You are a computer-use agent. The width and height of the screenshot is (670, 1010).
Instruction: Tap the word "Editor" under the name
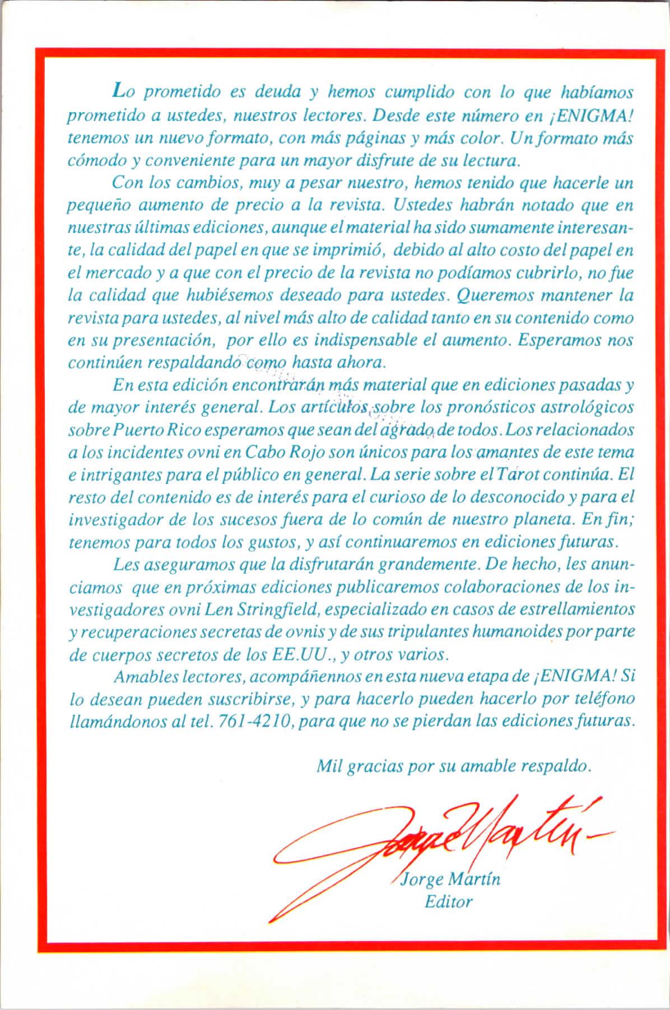[449, 901]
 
